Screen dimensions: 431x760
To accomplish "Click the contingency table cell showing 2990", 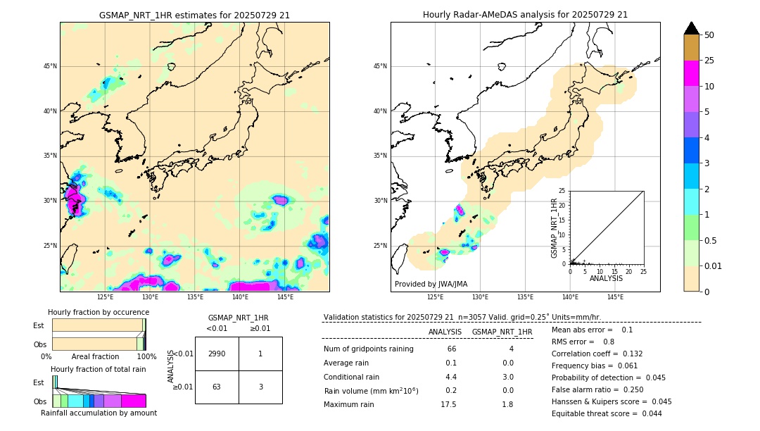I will point(217,354).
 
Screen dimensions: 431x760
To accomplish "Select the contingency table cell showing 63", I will point(217,387).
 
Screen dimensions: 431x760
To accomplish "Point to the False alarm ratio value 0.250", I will point(621,387).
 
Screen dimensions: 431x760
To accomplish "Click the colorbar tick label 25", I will point(709,61).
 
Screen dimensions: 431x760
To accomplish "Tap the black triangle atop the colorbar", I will point(692,28).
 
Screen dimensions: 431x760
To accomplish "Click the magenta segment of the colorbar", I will point(692,73).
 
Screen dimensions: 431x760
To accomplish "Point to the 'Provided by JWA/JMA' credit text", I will point(431,284).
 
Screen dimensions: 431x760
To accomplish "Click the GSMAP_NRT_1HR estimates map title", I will point(195,15).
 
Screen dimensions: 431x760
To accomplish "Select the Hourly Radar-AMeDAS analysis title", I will point(525,15).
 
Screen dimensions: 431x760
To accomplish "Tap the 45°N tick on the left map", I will point(50,66).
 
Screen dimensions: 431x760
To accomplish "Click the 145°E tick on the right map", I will point(615,297).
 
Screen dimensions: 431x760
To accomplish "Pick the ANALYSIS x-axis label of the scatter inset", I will point(606,278).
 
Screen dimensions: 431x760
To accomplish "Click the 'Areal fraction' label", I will point(95,357).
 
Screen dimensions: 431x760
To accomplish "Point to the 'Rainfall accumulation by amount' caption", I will point(99,413).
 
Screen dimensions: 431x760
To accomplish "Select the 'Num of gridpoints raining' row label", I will point(369,349).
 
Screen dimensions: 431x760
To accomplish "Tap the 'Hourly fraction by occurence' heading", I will point(99,312).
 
